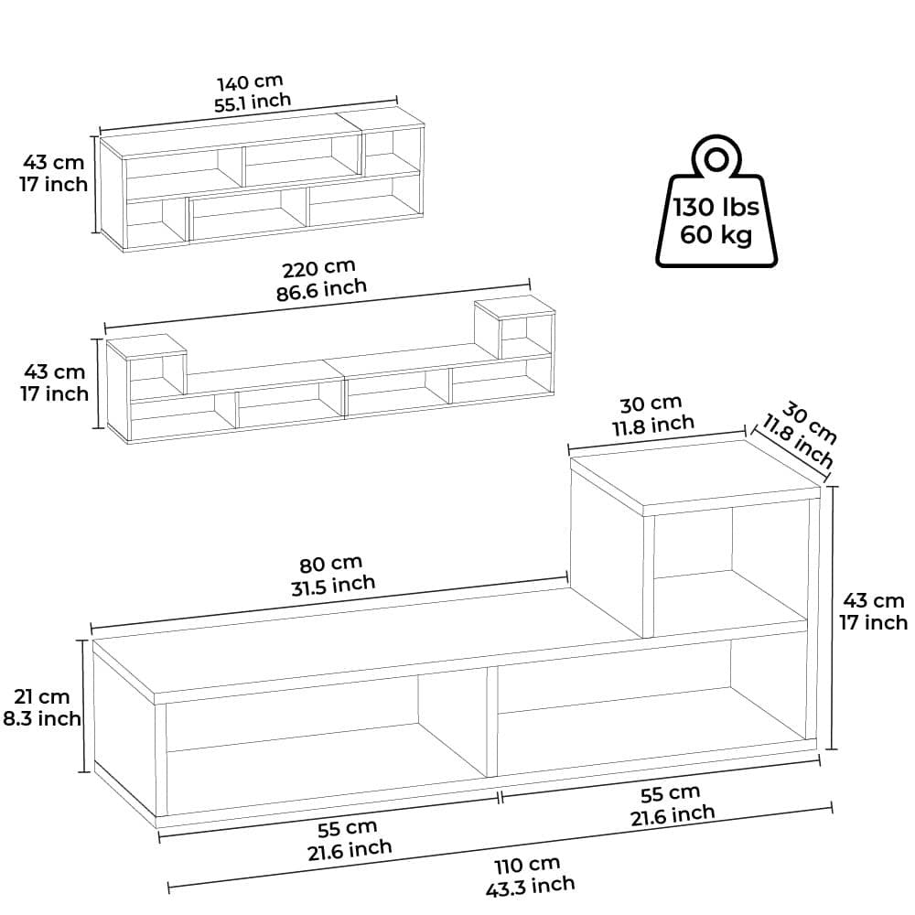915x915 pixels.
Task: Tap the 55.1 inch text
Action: tap(253, 102)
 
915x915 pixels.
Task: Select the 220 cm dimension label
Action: tap(318, 269)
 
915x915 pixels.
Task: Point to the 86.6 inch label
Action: tap(321, 289)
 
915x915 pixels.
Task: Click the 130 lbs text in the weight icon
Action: tap(716, 207)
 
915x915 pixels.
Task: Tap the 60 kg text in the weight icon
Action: tap(716, 234)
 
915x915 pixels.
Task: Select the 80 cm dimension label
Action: tap(331, 565)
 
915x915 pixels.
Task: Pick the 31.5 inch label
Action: tap(333, 585)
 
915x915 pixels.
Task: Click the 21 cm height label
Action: tap(42, 696)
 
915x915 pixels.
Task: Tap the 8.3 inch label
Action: tap(42, 718)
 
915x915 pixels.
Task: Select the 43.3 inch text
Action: tap(530, 886)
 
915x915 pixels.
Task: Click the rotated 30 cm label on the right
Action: tap(809, 422)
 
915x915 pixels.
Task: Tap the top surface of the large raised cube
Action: tap(695, 476)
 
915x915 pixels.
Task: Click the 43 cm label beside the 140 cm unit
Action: tap(54, 162)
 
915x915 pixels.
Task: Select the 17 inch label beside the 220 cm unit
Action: tap(55, 393)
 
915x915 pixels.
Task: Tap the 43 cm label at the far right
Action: tap(874, 600)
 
